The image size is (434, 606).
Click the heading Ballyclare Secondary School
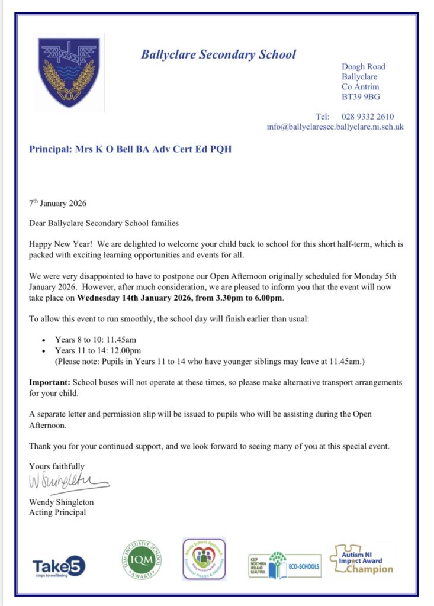(x=218, y=55)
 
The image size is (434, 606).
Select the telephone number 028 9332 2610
(x=368, y=117)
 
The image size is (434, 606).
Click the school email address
(x=335, y=127)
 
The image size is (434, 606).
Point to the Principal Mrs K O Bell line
(x=130, y=149)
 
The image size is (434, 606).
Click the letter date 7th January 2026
(x=58, y=204)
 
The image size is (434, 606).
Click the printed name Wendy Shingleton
(x=62, y=502)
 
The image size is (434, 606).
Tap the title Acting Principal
(x=57, y=512)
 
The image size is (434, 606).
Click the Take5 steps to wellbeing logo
(x=59, y=566)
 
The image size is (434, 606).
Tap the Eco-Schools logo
(x=285, y=566)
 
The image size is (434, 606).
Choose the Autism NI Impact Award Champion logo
(x=361, y=560)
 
